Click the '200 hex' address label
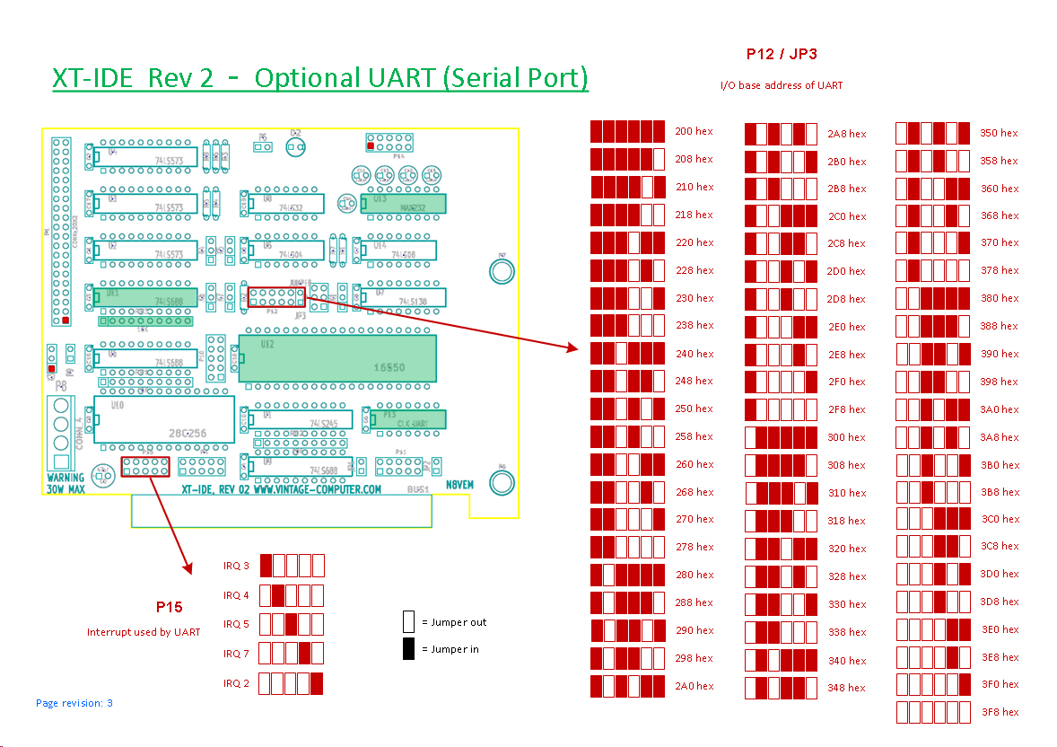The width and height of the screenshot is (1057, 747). click(694, 132)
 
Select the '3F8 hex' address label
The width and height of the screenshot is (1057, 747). click(999, 712)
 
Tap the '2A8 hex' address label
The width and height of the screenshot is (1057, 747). click(846, 134)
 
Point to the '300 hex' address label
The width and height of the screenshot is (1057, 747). click(846, 437)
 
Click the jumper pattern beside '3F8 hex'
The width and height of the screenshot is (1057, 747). click(933, 712)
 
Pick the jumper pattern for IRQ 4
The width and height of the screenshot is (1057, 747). click(292, 595)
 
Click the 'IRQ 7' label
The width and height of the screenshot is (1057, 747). click(236, 654)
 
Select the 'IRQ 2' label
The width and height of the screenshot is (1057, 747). click(236, 683)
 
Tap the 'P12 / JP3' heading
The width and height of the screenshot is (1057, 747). click(782, 54)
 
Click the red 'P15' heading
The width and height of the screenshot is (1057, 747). click(169, 608)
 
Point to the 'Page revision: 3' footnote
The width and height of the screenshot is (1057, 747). click(74, 703)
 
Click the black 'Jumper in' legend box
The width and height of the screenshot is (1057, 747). click(408, 649)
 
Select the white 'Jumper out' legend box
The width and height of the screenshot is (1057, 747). click(408, 621)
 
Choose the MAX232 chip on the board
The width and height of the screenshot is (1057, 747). click(403, 204)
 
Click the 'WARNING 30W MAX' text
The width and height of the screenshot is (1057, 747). click(66, 483)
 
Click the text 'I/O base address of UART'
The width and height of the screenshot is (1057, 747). click(781, 85)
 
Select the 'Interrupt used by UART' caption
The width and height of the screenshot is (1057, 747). click(144, 632)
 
